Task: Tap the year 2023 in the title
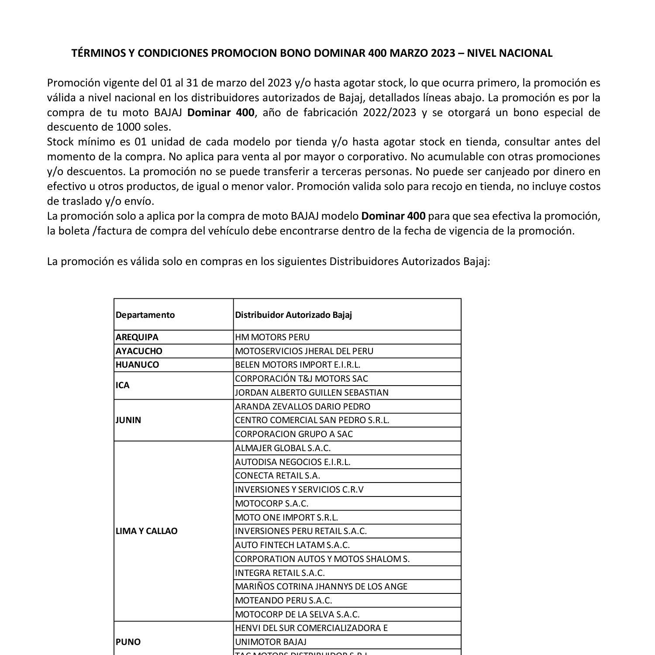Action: coord(443,53)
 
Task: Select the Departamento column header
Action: coord(145,315)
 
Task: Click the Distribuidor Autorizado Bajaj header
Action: coord(293,315)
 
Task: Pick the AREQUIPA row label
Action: coord(137,337)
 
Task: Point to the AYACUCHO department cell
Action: coord(139,351)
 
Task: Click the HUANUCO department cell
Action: coord(137,365)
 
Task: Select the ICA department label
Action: coord(123,385)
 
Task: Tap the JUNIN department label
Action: coord(128,420)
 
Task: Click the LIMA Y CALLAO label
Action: coord(147,531)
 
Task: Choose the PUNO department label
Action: coord(128,641)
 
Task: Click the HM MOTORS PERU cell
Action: coord(272,337)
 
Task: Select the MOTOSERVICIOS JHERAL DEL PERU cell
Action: coord(304,351)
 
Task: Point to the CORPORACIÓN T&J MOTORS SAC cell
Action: coord(301,379)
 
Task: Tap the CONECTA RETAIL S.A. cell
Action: coord(277,476)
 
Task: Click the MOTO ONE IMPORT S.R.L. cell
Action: coord(286,517)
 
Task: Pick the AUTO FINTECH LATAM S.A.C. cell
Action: coord(292,545)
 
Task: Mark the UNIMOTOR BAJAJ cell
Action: coord(271,641)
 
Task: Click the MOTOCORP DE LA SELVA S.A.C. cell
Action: coord(297,614)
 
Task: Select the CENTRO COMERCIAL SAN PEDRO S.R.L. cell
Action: coord(312,420)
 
